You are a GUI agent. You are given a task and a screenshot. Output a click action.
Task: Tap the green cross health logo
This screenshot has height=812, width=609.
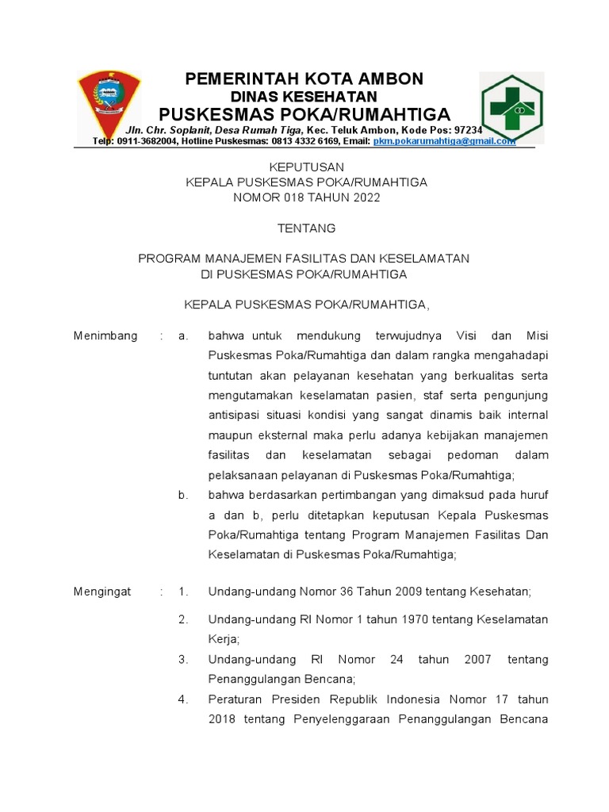pyautogui.click(x=511, y=107)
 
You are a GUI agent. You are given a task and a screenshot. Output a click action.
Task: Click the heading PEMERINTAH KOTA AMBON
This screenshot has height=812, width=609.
pyautogui.click(x=304, y=79)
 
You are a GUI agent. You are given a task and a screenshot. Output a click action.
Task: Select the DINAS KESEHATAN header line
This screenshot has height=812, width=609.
pyautogui.click(x=304, y=96)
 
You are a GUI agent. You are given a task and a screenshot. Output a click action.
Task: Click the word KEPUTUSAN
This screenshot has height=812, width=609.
pyautogui.click(x=306, y=167)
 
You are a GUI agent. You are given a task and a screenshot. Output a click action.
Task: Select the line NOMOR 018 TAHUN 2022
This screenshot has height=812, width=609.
pyautogui.click(x=306, y=197)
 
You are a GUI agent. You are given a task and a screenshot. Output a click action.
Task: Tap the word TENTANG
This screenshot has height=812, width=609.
pyautogui.click(x=306, y=228)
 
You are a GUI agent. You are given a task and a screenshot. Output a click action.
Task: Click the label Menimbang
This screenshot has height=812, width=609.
pyautogui.click(x=105, y=335)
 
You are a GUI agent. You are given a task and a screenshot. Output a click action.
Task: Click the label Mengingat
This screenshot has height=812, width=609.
pyautogui.click(x=102, y=592)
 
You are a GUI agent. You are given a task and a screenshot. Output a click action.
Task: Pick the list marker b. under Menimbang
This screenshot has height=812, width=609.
pyautogui.click(x=183, y=495)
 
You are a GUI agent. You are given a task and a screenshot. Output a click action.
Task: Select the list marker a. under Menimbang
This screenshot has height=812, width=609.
pyautogui.click(x=183, y=335)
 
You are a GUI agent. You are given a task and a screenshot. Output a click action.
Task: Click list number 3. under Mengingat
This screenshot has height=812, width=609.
pyautogui.click(x=183, y=659)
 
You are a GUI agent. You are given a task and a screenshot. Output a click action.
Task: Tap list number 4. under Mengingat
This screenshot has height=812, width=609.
pyautogui.click(x=183, y=699)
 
